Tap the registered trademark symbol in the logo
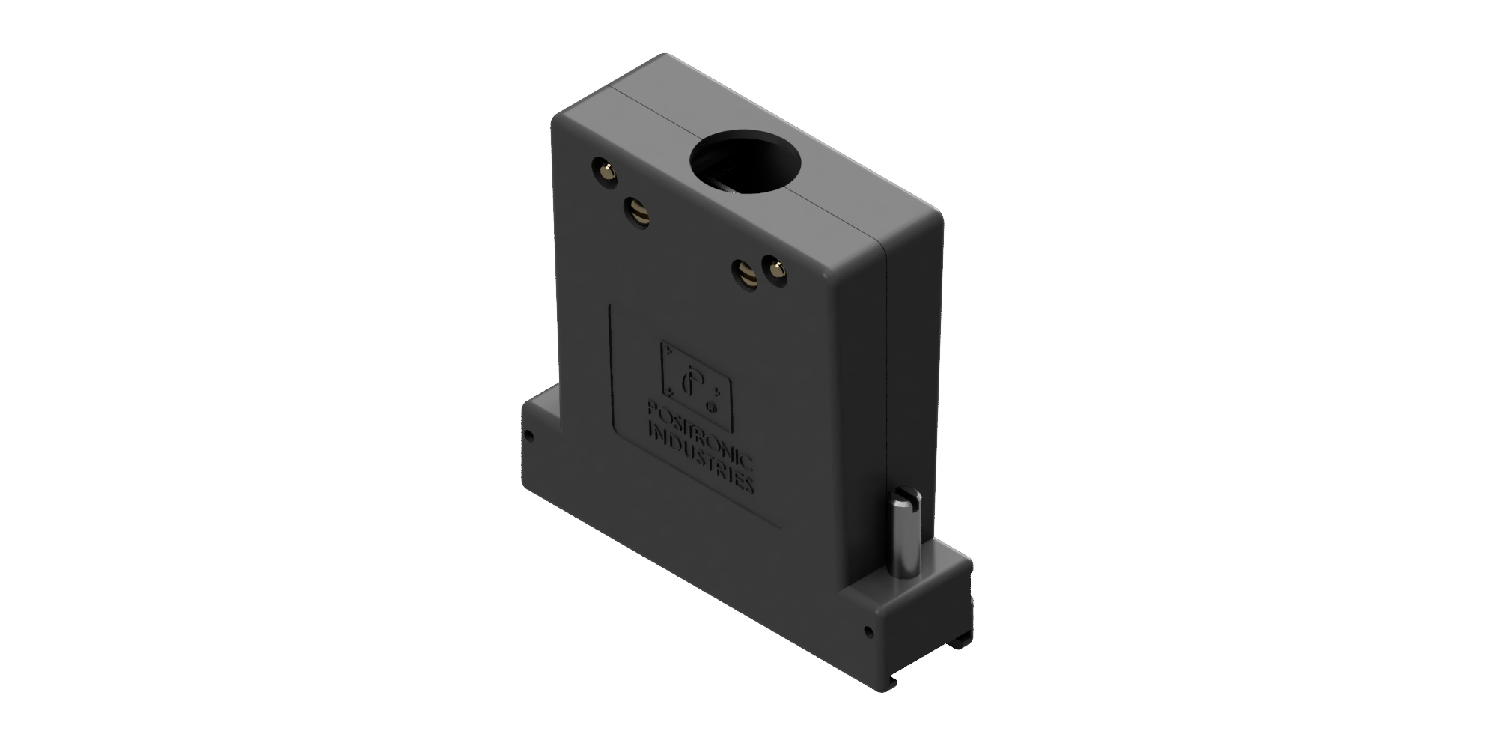click(712, 408)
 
